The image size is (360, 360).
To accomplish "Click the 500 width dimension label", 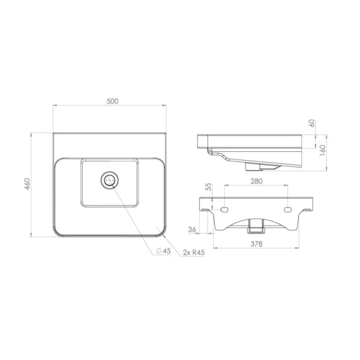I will click(x=112, y=101).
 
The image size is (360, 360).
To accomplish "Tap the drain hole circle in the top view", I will click(x=110, y=180).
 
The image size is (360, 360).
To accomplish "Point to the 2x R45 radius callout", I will click(x=194, y=252).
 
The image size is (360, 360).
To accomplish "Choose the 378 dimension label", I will click(x=256, y=244).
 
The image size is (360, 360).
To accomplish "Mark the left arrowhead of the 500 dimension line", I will click(x=54, y=106).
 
